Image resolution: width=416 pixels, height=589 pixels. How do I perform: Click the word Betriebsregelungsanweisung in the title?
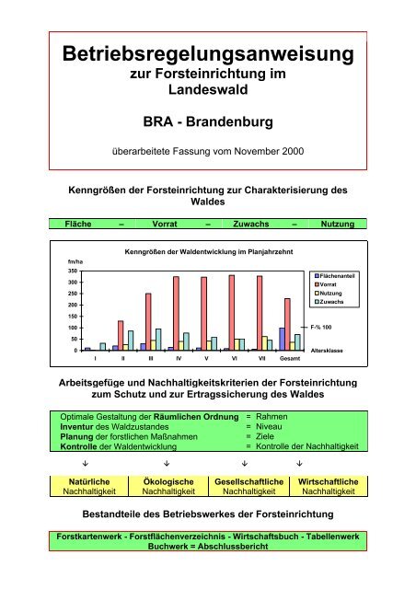(x=206, y=56)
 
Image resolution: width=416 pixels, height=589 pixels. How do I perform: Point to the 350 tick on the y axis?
(x=70, y=271)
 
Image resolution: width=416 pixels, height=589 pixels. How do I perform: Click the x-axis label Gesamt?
(x=288, y=358)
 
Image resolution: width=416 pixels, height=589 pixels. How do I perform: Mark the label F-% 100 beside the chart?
(x=333, y=328)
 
